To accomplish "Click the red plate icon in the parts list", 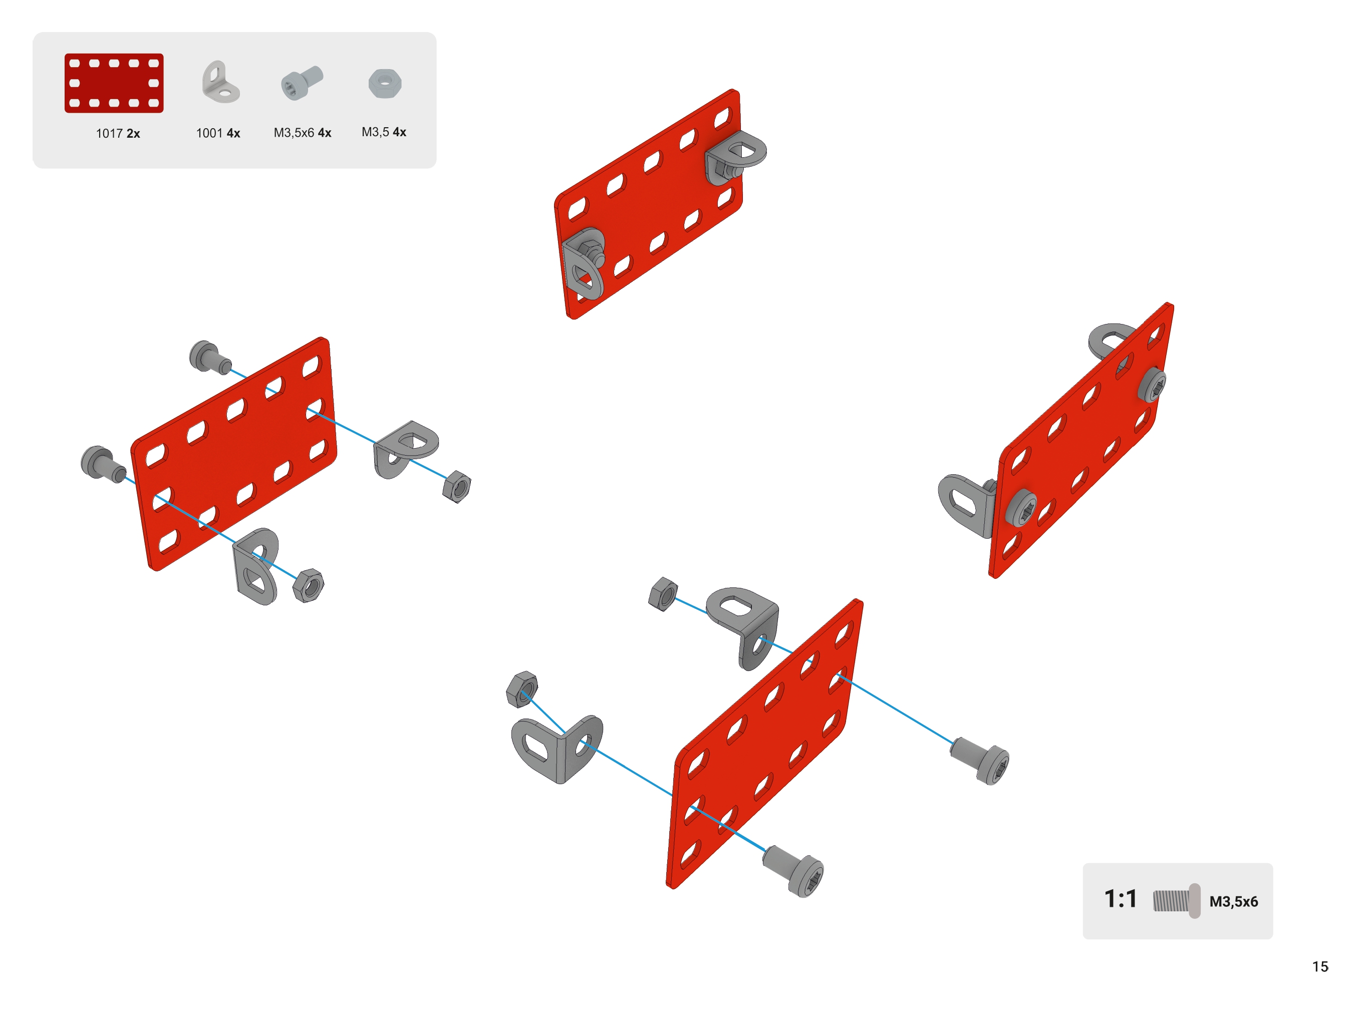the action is click(114, 83).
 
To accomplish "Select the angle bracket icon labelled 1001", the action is click(220, 82).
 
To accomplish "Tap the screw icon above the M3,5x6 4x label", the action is click(302, 83).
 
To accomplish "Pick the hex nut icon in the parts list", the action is click(385, 83).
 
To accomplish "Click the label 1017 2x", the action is click(118, 134).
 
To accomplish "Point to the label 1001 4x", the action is click(218, 133).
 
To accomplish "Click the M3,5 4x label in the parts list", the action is click(384, 132).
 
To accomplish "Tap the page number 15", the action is click(1320, 966).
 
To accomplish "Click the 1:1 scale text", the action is click(1120, 899).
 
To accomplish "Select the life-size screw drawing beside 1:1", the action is click(1176, 901).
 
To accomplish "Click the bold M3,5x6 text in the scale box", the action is click(1233, 902).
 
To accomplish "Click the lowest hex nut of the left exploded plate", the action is click(308, 585).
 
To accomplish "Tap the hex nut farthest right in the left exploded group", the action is click(457, 487).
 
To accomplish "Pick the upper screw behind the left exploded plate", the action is click(209, 357).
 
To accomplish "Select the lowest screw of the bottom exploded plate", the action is click(793, 870).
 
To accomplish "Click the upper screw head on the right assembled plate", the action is click(1151, 386).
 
